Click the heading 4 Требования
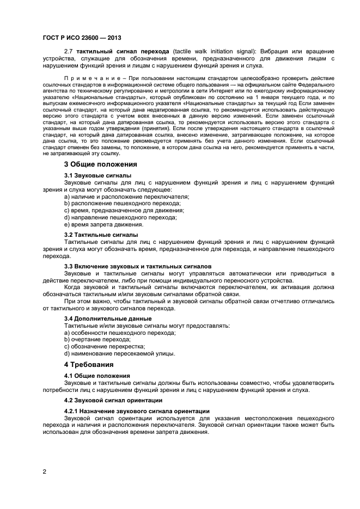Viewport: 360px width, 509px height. coord(89,364)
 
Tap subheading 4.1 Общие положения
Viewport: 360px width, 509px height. coord(97,376)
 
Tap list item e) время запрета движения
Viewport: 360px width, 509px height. coord(96,224)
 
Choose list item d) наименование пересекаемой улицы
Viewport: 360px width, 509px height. coord(119,353)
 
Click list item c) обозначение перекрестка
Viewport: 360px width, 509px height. coord(104,346)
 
